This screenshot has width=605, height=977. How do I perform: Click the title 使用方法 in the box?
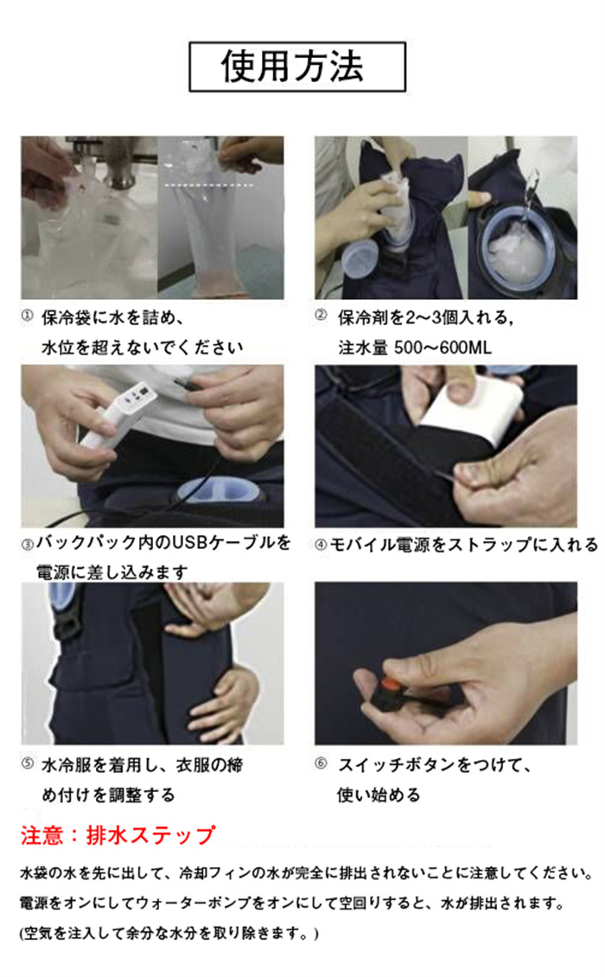tap(292, 67)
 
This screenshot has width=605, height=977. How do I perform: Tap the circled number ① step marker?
tap(26, 316)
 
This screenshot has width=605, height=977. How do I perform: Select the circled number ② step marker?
tap(321, 316)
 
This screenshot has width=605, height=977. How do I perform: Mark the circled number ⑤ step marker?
tap(28, 764)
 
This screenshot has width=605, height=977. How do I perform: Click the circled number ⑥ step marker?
tap(321, 764)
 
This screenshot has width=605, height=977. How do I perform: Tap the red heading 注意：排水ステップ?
tap(118, 835)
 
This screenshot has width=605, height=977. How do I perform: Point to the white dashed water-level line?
tap(209, 186)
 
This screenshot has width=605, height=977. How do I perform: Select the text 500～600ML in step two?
tap(443, 347)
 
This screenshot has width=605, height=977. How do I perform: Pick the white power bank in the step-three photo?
tap(118, 413)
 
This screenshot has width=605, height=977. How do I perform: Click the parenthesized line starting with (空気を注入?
tap(169, 933)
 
